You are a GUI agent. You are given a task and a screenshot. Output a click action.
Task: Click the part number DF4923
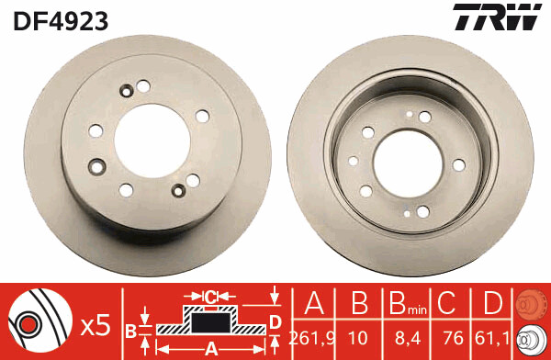point(61,21)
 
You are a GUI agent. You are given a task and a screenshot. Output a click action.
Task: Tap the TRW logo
point(497,17)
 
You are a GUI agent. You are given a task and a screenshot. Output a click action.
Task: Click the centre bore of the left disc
point(152,141)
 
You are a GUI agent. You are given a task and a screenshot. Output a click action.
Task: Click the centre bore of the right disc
point(408,164)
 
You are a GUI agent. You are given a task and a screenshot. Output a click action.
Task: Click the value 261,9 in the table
point(312,338)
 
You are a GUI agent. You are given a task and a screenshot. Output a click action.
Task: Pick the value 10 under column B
point(358,338)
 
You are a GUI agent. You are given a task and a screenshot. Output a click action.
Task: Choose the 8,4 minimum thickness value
point(408,339)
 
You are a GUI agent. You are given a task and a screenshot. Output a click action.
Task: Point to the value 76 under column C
point(453,338)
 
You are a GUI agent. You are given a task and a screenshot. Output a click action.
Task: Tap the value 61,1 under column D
point(492,338)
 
